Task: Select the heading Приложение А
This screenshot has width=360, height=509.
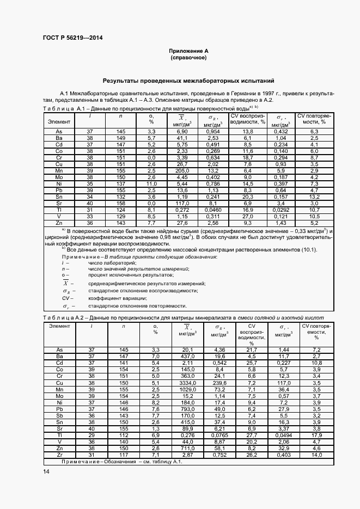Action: (188, 51)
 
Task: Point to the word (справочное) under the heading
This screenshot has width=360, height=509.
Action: (188, 57)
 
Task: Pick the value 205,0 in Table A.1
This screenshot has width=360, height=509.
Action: (182, 170)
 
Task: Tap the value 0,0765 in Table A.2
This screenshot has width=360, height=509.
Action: (220, 435)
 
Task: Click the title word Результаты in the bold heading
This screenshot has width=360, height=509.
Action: (123, 80)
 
